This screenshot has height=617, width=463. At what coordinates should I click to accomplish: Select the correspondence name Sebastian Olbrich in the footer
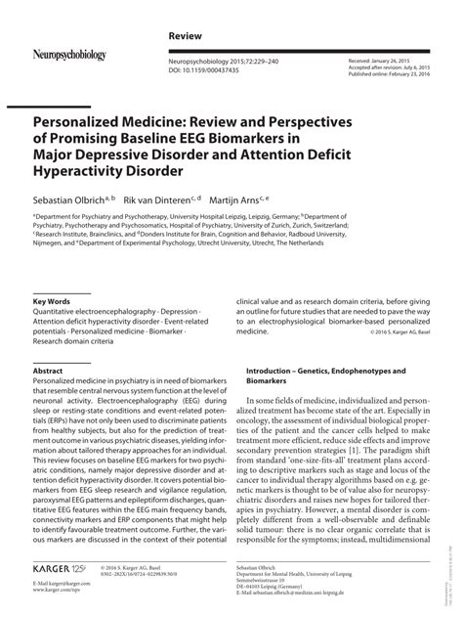[x=271, y=566]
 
